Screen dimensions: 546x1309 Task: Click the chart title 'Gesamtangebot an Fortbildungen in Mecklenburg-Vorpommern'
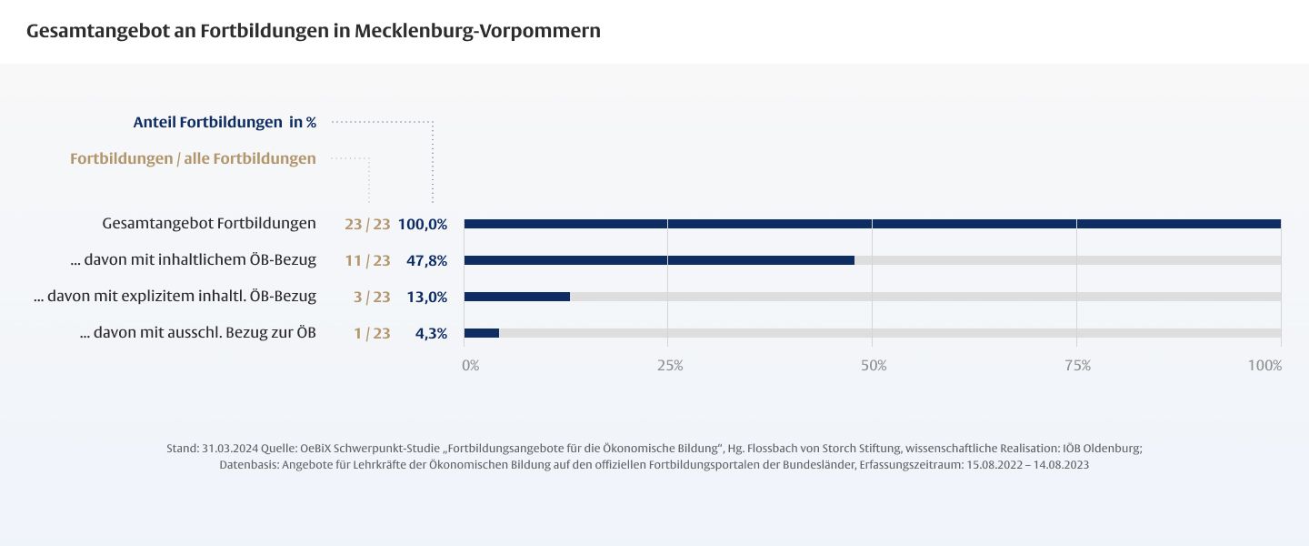[x=314, y=31]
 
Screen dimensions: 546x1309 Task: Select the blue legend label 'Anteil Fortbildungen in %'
[x=225, y=122]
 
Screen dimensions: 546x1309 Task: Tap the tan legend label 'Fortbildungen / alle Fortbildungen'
[x=193, y=158]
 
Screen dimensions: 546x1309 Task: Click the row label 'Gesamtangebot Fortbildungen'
[x=209, y=223]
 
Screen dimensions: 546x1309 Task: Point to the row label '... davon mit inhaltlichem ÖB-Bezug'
[x=193, y=260]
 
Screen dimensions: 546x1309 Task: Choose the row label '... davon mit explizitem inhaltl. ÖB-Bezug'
[x=175, y=297]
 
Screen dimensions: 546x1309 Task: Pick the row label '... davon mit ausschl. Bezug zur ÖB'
[x=198, y=333]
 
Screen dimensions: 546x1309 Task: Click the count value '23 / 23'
[x=367, y=224]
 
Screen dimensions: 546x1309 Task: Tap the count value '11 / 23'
[x=367, y=260]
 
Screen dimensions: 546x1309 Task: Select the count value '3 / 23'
[x=372, y=297]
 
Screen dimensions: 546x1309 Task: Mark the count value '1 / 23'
[x=372, y=333]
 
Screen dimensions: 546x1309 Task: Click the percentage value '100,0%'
[x=423, y=224]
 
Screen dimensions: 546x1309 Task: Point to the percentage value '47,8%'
[x=427, y=260]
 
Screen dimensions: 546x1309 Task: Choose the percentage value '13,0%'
[x=427, y=297]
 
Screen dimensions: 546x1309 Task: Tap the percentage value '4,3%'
[x=431, y=333]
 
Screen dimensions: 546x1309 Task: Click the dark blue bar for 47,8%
[x=659, y=260]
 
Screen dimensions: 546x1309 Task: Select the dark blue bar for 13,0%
[x=517, y=297]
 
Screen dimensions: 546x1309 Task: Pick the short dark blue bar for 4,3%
[x=482, y=333]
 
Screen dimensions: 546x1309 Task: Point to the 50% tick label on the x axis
[x=874, y=366]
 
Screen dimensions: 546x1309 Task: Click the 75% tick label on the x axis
[x=1077, y=366]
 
